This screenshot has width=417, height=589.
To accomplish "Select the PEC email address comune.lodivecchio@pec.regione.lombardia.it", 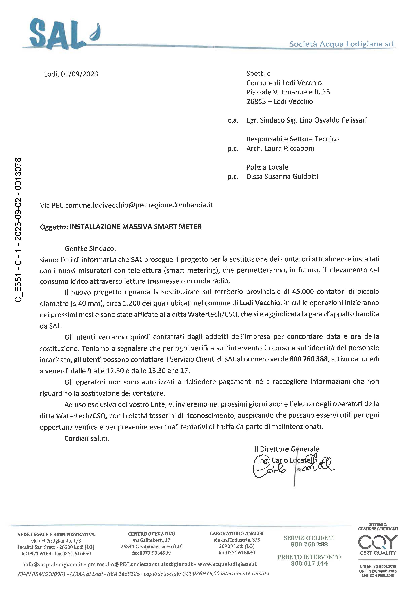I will tap(139, 205).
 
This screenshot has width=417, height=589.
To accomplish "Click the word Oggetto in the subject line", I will tap(54, 227).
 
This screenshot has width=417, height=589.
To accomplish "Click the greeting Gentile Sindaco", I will tap(90, 249).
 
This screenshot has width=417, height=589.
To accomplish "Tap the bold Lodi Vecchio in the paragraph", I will tap(260, 303).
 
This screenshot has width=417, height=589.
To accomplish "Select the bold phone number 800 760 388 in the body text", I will tap(309, 359).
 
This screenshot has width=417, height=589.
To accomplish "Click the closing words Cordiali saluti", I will tap(87, 438).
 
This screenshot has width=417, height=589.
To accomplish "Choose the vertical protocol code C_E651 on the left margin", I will tap(18, 288).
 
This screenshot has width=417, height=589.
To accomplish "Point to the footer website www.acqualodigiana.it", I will tap(227, 564).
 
